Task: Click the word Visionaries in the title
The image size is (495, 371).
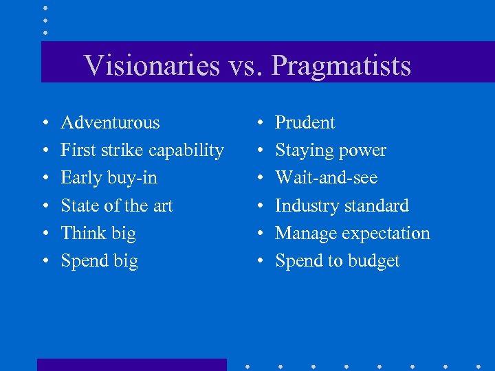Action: click(152, 66)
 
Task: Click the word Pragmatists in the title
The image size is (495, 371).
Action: click(341, 66)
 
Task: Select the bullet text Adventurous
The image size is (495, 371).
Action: click(110, 123)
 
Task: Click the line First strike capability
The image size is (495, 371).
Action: click(142, 150)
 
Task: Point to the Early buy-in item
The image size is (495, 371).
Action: click(109, 178)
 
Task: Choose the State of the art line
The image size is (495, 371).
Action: click(116, 205)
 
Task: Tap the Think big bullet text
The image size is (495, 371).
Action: click(98, 233)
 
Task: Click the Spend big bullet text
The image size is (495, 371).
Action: click(99, 261)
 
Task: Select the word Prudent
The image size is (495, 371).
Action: click(305, 123)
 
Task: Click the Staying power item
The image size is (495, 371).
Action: click(330, 150)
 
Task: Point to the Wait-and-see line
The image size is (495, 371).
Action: click(326, 178)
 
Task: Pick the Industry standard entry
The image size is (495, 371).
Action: click(342, 205)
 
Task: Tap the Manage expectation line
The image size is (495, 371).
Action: click(352, 233)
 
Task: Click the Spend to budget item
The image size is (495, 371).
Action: click(337, 261)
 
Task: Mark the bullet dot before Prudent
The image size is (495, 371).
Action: click(258, 124)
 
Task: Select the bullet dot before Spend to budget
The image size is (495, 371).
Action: click(258, 262)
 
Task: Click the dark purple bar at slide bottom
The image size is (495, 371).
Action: click(131, 365)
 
